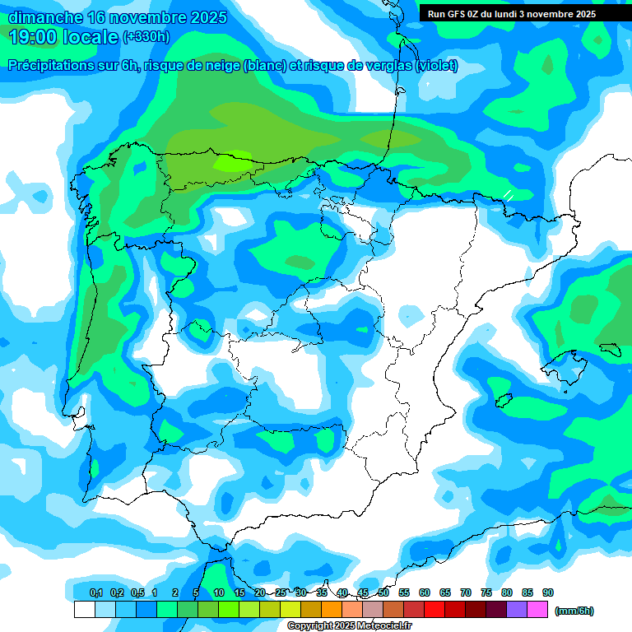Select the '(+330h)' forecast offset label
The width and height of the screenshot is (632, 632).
(146, 37)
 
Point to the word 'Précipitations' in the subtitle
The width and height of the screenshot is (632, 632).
(49, 66)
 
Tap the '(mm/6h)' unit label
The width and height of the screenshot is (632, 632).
(574, 611)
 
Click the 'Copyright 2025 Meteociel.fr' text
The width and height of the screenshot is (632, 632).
(350, 626)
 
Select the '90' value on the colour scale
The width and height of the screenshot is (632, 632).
(548, 592)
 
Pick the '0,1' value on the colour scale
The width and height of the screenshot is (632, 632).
(96, 592)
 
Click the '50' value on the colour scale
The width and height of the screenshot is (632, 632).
(383, 592)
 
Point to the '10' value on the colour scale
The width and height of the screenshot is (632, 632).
(219, 592)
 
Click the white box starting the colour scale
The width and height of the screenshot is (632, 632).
(84, 610)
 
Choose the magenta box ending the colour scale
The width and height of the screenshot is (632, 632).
(537, 610)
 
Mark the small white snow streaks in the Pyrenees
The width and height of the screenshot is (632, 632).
(509, 195)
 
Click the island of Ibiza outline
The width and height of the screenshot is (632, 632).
(503, 401)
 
